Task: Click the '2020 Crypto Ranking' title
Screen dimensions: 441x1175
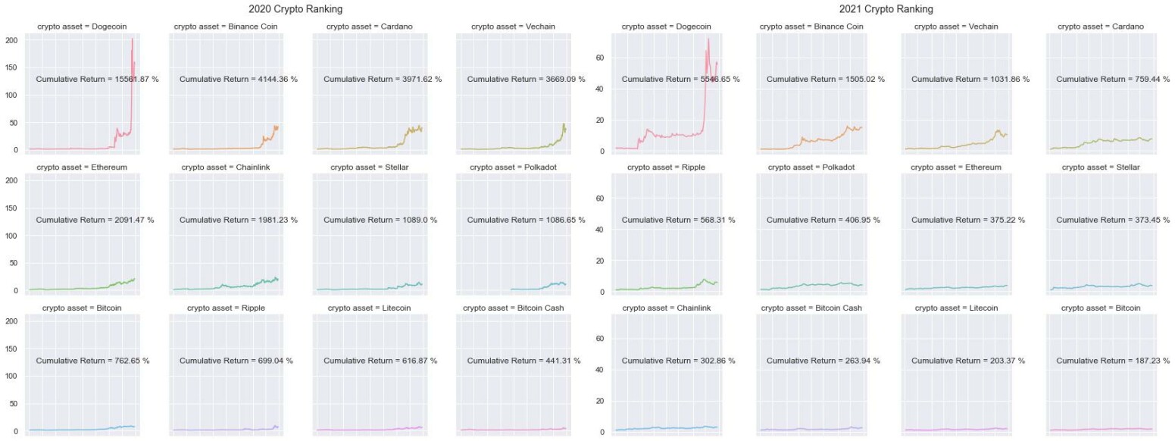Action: pyautogui.click(x=295, y=10)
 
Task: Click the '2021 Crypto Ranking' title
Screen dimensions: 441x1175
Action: pyautogui.click(x=886, y=10)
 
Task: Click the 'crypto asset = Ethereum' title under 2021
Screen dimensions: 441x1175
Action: pyautogui.click(x=956, y=167)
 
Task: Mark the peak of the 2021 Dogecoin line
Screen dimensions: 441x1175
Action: pyautogui.click(x=708, y=39)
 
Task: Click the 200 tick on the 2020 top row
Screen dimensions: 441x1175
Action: pyautogui.click(x=12, y=39)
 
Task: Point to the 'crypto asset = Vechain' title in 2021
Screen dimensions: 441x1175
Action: pyautogui.click(x=956, y=27)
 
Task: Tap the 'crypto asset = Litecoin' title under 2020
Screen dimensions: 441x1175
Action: pyautogui.click(x=370, y=308)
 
